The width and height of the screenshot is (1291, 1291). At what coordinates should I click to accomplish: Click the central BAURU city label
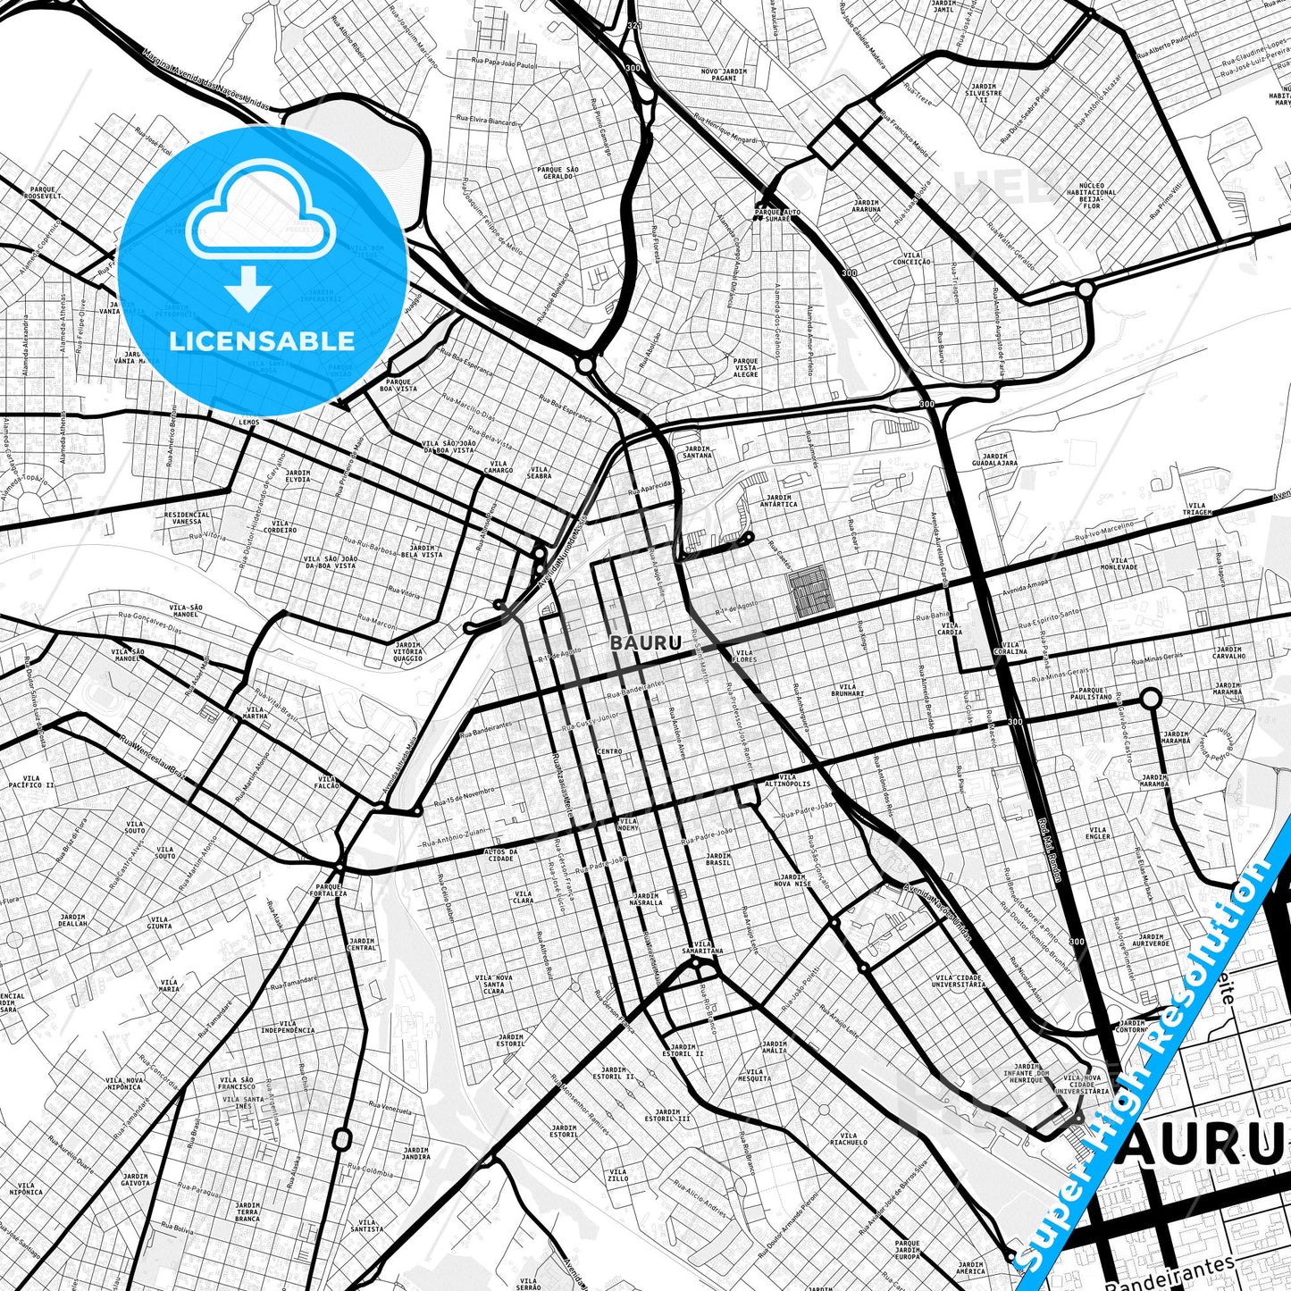(x=646, y=642)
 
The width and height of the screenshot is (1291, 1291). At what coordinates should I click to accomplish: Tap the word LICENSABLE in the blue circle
(x=262, y=340)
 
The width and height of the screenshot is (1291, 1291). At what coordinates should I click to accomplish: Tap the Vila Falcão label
(x=328, y=781)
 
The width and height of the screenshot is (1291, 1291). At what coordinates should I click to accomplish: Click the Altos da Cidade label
(x=500, y=855)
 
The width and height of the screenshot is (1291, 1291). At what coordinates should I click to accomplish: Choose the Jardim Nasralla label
(x=645, y=899)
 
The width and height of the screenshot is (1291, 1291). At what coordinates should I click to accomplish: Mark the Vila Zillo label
(x=617, y=1174)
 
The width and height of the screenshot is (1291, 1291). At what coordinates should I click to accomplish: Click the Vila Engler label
(x=1097, y=833)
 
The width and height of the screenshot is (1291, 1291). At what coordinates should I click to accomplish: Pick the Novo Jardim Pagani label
(x=724, y=72)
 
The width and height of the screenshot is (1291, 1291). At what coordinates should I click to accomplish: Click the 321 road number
(x=633, y=26)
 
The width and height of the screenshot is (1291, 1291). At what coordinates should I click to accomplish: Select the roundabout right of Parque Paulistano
(x=1151, y=698)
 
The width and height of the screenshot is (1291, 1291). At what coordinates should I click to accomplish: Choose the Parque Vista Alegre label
(x=745, y=367)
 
